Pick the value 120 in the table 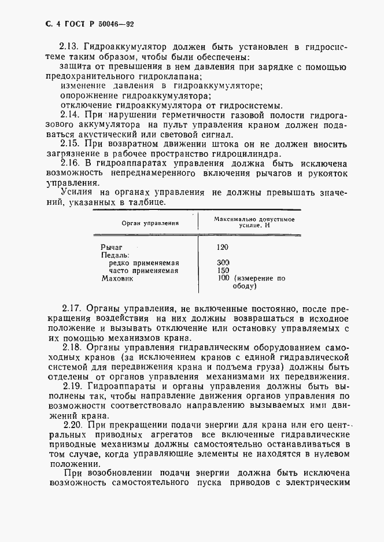pyautogui.click(x=223, y=247)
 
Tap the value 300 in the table pyautogui.click(x=223, y=263)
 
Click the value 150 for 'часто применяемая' pyautogui.click(x=223, y=270)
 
